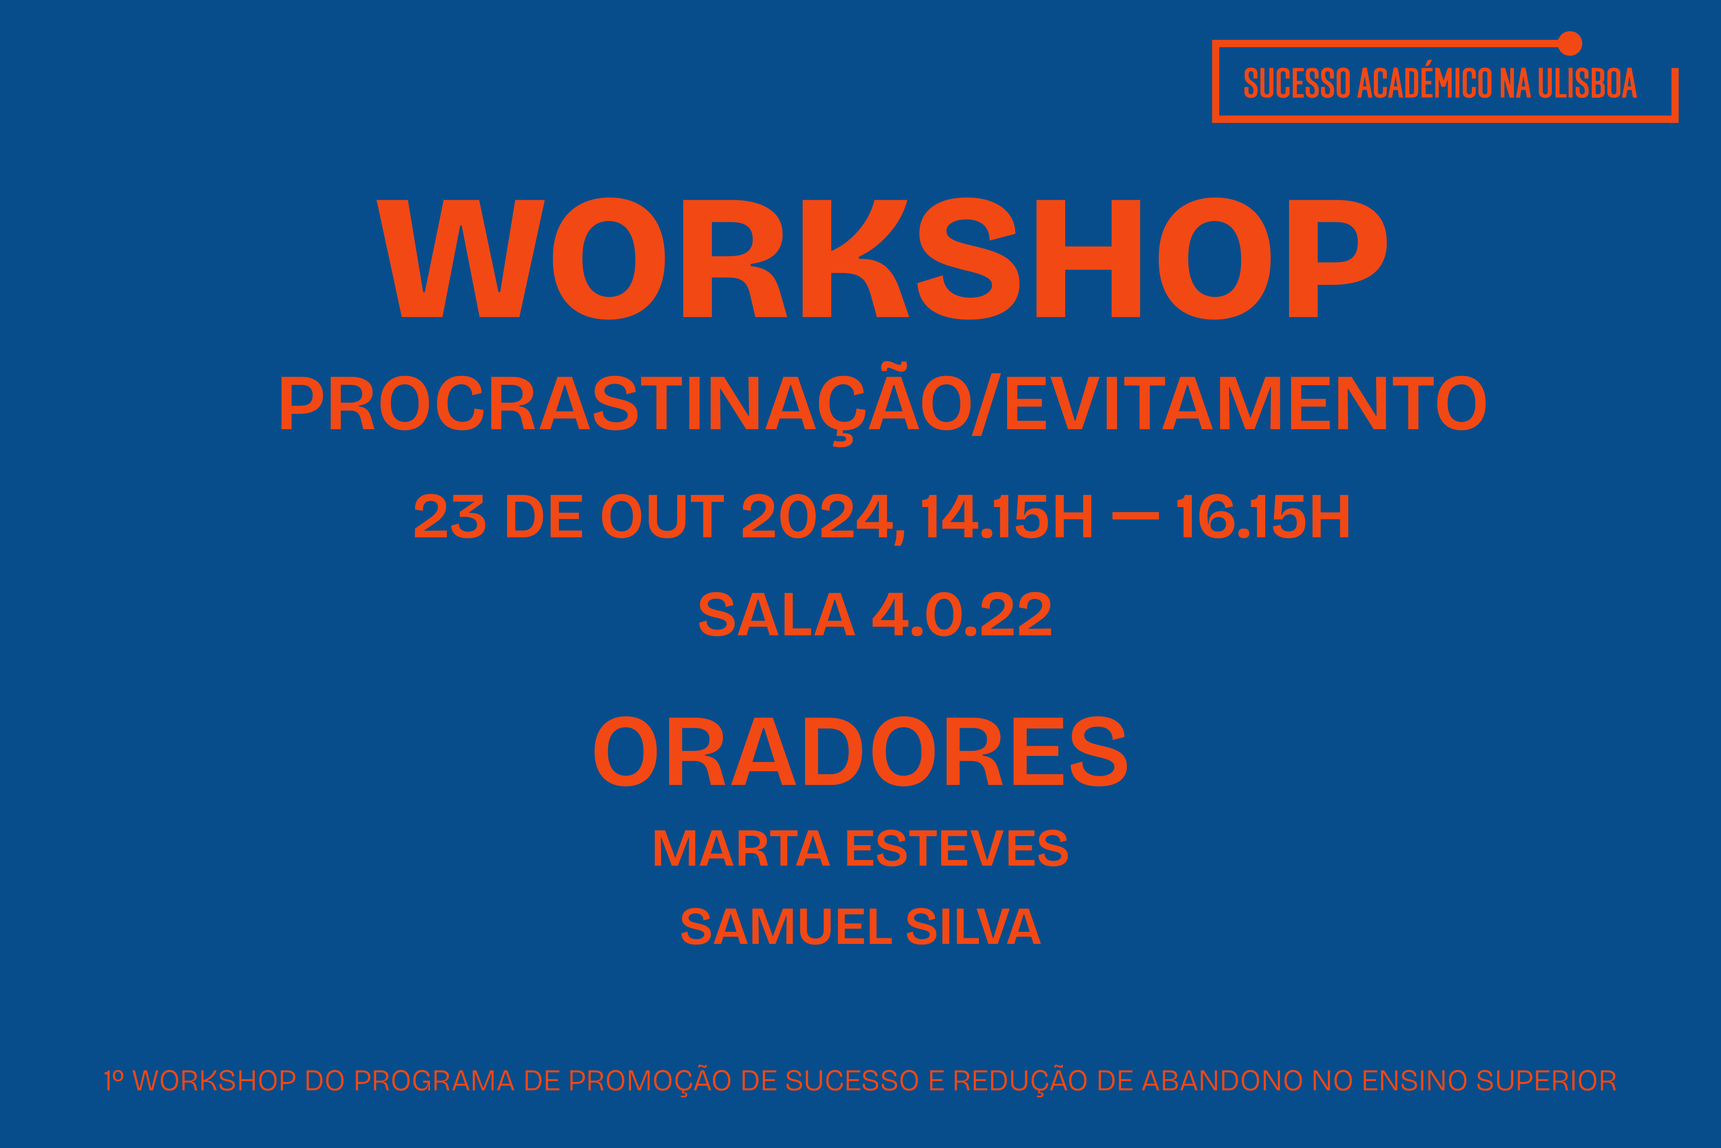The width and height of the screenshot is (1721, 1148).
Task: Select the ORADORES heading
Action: [861, 751]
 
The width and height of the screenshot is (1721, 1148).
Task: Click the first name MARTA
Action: [741, 848]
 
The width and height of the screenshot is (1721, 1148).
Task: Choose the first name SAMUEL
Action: [786, 926]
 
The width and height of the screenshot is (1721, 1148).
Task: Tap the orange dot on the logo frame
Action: [1570, 43]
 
